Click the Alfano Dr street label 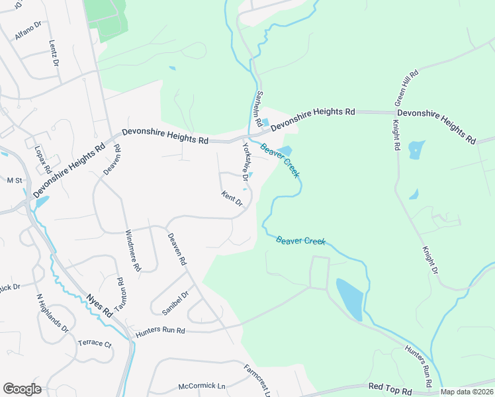point(28,32)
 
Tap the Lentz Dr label point(54,52)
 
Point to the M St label point(14,180)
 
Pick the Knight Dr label point(431,260)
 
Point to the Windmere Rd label point(133,251)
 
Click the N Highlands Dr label point(52,312)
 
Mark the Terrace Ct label point(95,343)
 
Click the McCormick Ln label point(202,386)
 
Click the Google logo point(22,389)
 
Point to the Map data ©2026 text point(467,392)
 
